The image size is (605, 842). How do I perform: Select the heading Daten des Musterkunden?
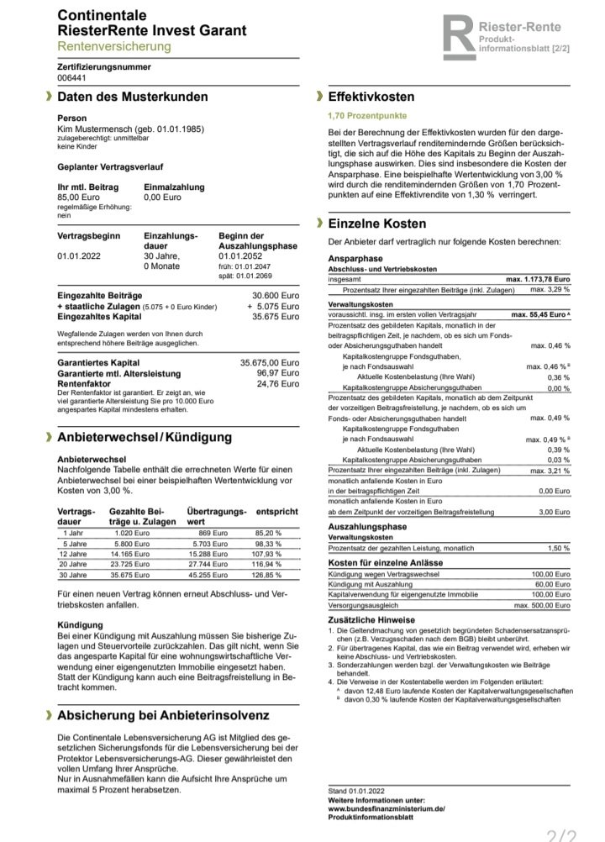click(132, 97)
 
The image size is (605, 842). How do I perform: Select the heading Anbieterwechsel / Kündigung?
click(144, 438)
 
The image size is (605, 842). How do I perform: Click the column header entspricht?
click(276, 511)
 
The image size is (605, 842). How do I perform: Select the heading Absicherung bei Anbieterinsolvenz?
click(163, 716)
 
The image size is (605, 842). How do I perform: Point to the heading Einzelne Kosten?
click(377, 224)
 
